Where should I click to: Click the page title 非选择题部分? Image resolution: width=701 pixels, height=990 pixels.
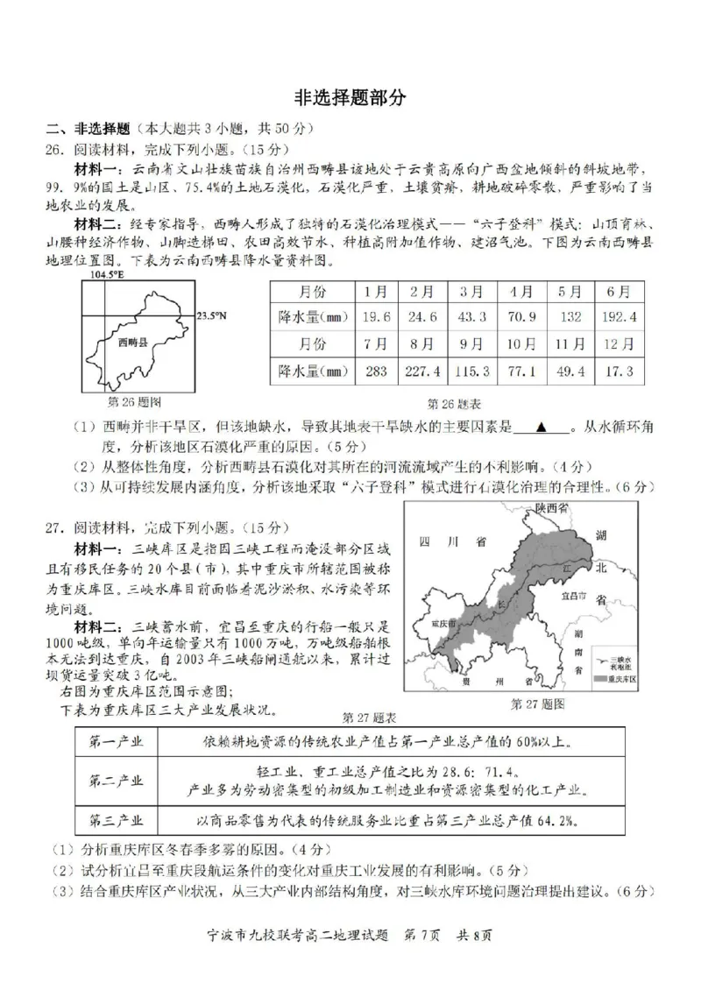point(350,98)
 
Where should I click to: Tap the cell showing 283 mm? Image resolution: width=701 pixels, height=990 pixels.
point(376,371)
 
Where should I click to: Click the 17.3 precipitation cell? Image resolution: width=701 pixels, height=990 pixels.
point(618,371)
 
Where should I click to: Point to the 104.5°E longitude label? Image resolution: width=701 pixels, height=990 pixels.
point(107,275)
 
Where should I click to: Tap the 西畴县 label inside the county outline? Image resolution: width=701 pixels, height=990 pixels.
point(131,344)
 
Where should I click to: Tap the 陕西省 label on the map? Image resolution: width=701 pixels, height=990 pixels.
point(552,509)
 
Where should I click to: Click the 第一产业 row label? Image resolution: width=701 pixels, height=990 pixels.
point(117,742)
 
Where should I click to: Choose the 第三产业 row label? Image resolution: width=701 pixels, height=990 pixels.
point(117,820)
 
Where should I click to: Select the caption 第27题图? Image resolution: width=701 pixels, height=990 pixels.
point(536,704)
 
